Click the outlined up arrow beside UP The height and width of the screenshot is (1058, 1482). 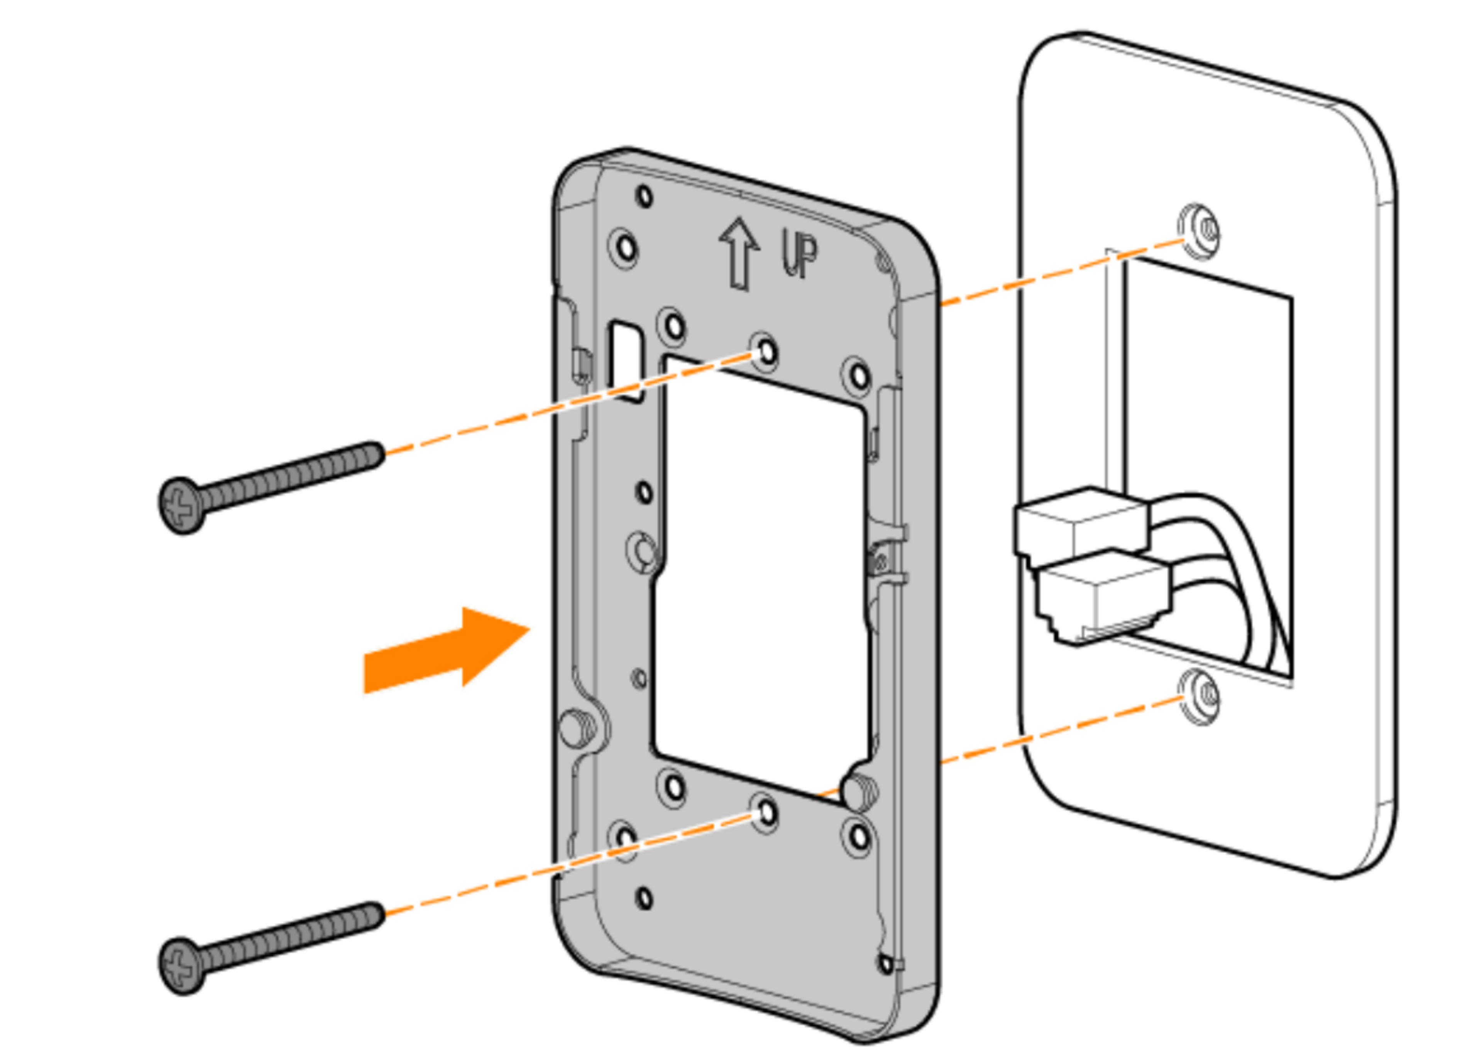click(739, 254)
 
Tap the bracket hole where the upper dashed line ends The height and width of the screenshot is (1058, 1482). click(767, 352)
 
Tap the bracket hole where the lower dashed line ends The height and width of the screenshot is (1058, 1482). click(767, 812)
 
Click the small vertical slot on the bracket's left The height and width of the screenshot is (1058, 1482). click(625, 360)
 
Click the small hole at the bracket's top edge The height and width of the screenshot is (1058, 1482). click(644, 196)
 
